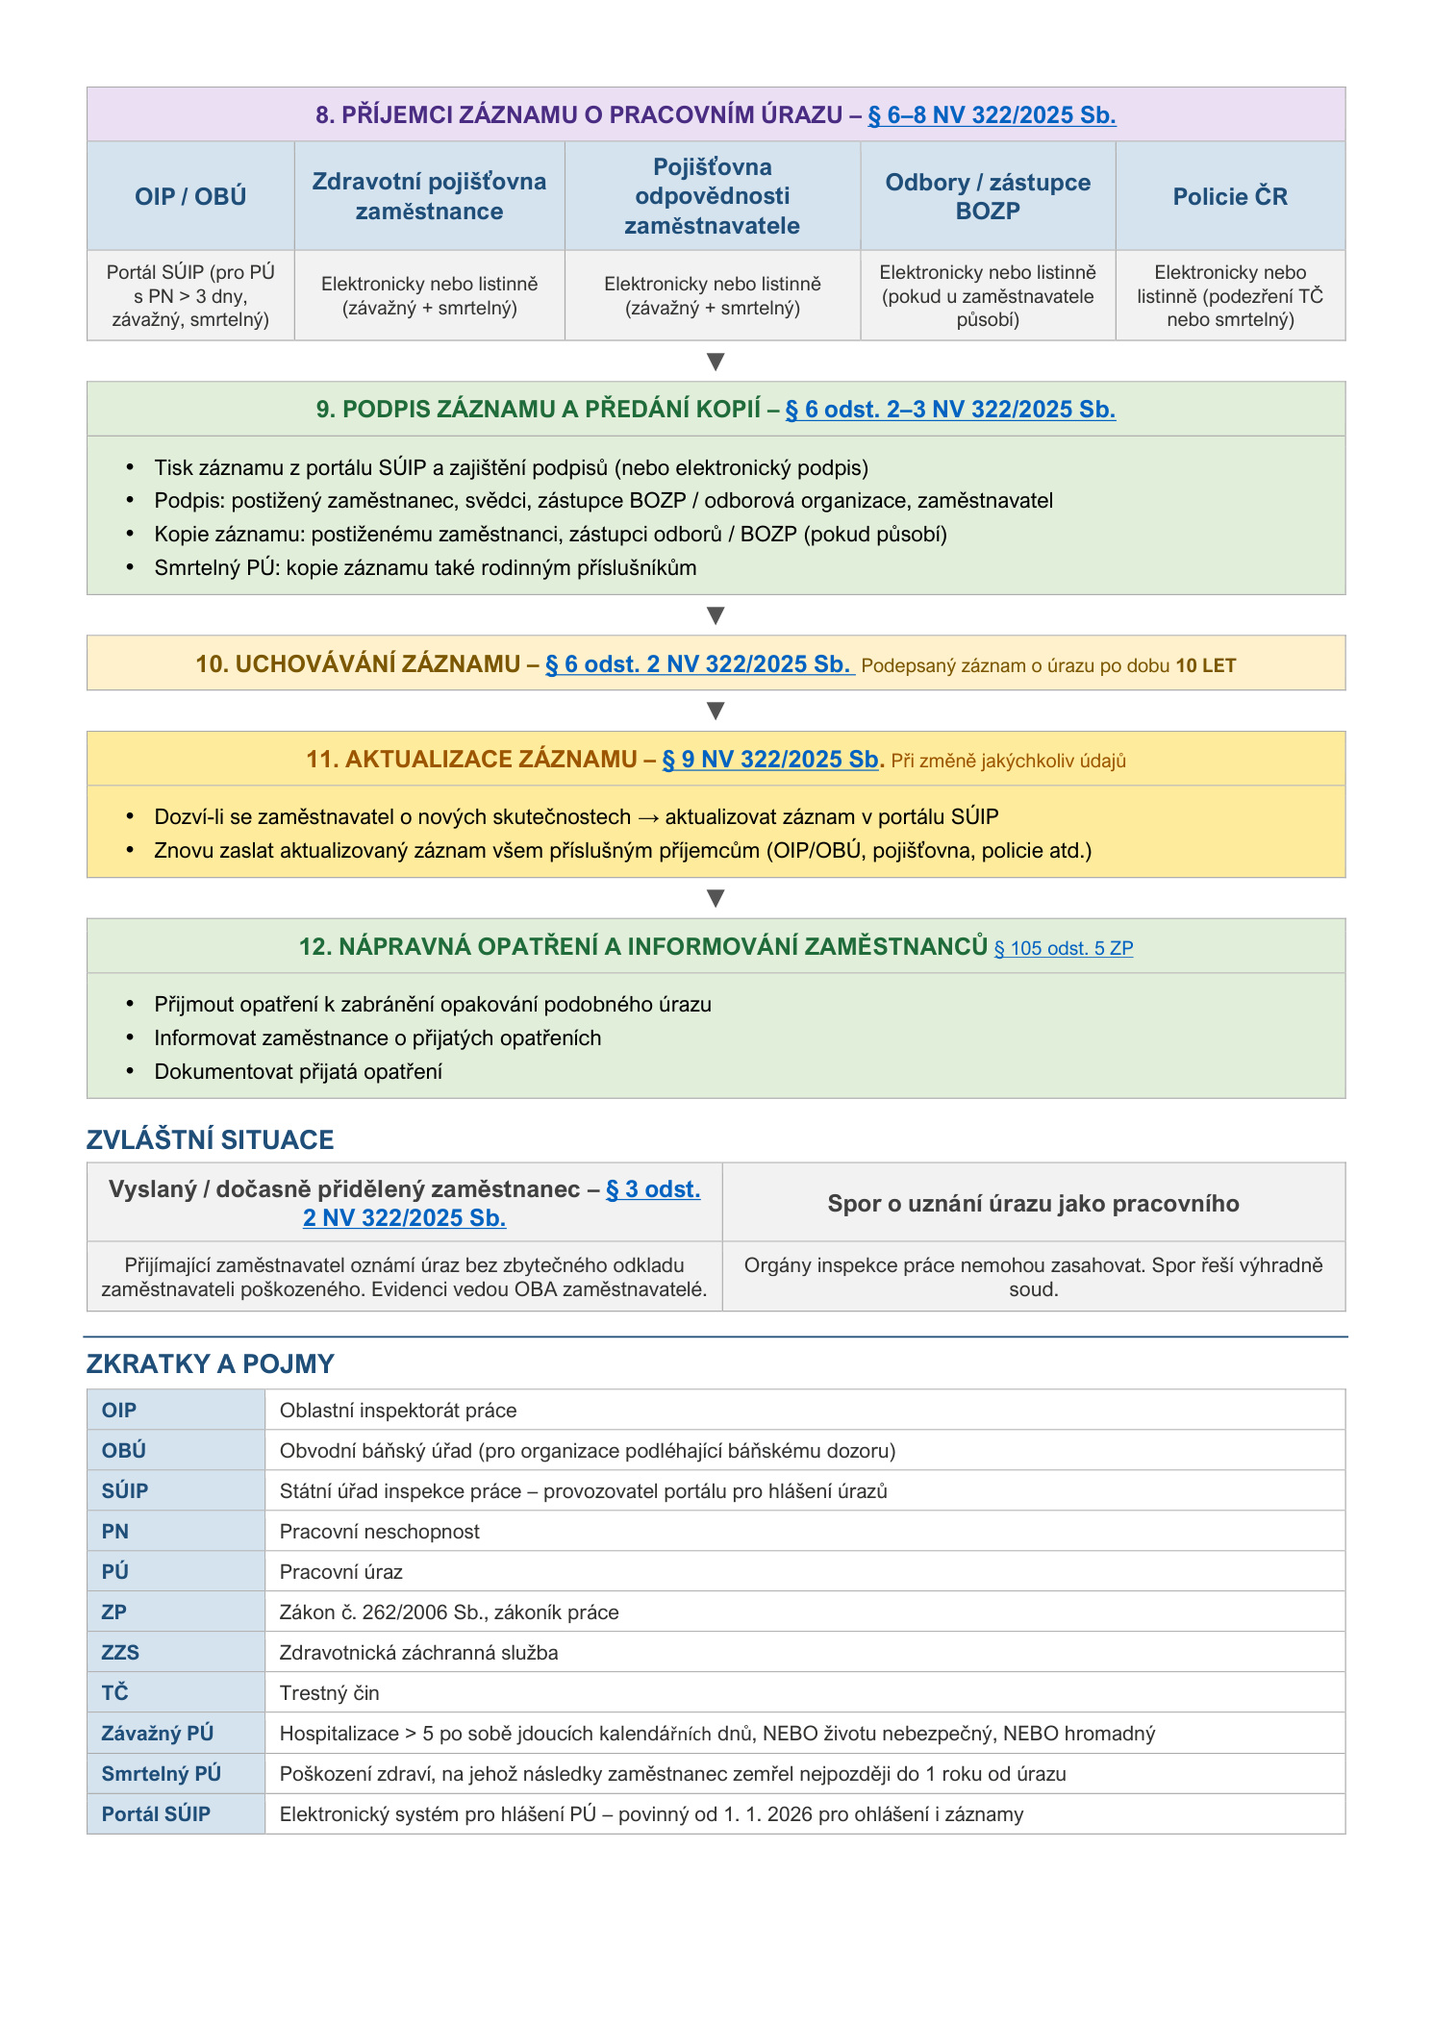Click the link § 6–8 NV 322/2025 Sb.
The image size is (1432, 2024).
[991, 115]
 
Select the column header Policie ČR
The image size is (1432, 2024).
[1229, 197]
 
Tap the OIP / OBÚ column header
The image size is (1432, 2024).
[190, 197]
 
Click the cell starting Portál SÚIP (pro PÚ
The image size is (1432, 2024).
[190, 296]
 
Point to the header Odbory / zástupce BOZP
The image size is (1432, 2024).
[988, 197]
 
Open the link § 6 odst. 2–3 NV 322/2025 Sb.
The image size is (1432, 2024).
[949, 410]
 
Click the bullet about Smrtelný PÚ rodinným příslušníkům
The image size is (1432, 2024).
[425, 568]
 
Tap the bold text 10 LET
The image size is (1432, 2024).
[1205, 666]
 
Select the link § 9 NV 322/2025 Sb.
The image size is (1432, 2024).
[770, 760]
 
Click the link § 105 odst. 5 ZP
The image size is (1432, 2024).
[1063, 948]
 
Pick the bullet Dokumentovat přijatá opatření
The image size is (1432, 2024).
[298, 1072]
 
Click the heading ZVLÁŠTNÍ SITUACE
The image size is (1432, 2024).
[210, 1140]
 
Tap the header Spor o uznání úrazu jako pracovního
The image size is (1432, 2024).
[1033, 1204]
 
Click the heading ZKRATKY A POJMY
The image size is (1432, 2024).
[210, 1364]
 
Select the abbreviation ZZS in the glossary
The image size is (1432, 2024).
[120, 1653]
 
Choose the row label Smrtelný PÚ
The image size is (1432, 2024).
[161, 1774]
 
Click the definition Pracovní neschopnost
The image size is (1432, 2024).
[379, 1532]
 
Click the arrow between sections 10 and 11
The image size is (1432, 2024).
[715, 712]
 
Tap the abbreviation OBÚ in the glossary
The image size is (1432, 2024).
[123, 1451]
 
